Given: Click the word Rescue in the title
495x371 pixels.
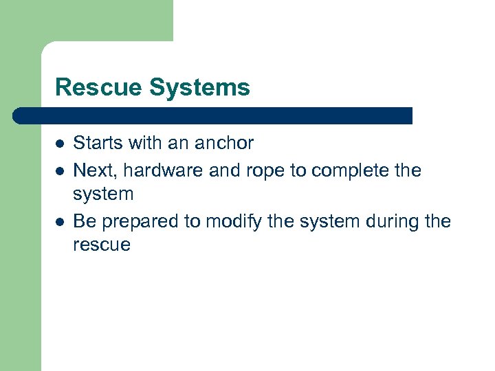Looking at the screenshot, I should pyautogui.click(x=87, y=88).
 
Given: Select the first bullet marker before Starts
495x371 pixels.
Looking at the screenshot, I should pyautogui.click(x=60, y=144).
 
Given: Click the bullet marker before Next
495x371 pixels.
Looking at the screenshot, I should pyautogui.click(x=60, y=170).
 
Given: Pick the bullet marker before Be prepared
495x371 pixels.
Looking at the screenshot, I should pyautogui.click(x=60, y=222).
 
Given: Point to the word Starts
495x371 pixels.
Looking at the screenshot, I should pyautogui.click(x=95, y=144).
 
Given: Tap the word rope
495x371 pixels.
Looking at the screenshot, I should pyautogui.click(x=252, y=170).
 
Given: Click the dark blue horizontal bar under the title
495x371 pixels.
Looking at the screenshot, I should pyautogui.click(x=213, y=115).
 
